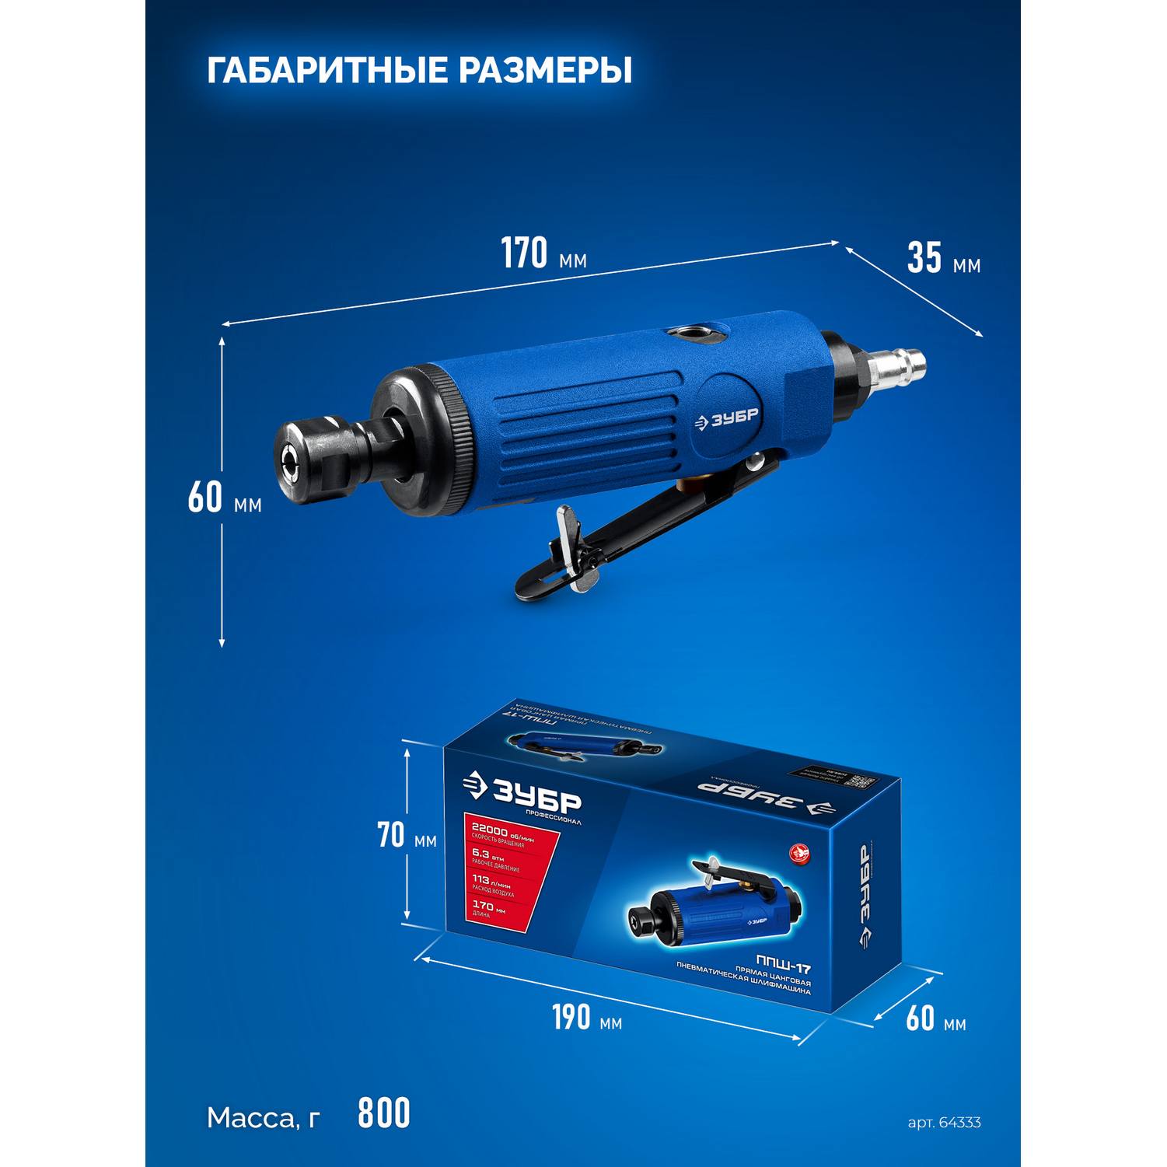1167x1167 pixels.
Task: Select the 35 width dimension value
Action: click(924, 258)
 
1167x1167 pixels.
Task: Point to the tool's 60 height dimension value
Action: click(205, 498)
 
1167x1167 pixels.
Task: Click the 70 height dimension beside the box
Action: click(391, 835)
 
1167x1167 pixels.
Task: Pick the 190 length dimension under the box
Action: click(571, 1017)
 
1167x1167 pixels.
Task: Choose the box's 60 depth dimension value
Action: click(921, 1018)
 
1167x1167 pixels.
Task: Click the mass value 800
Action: click(383, 1113)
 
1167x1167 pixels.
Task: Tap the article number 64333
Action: click(959, 1123)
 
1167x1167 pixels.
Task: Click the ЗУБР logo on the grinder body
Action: click(726, 419)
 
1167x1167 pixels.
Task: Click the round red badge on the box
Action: click(799, 854)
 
